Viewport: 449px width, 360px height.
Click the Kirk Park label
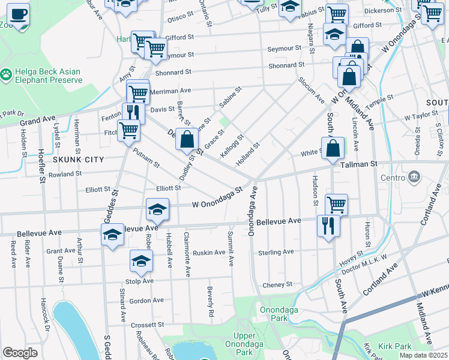coord(395,347)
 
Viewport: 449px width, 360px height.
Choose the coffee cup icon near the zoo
coord(17,14)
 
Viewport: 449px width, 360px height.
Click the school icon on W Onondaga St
coord(157,210)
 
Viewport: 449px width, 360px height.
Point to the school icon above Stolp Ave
coord(141,260)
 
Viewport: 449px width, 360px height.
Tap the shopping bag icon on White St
coord(333,148)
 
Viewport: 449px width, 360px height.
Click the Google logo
coord(20,353)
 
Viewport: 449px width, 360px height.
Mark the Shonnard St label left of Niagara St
coord(287,65)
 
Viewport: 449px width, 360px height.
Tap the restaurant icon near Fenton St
coord(133,113)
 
